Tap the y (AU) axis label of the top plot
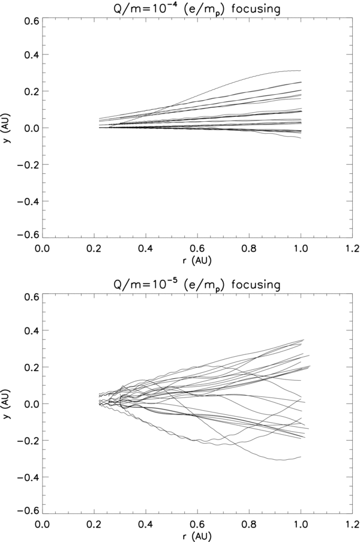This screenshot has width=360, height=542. [7, 127]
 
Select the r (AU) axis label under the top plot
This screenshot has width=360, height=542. [198, 261]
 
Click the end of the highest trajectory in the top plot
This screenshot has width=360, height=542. [300, 71]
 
